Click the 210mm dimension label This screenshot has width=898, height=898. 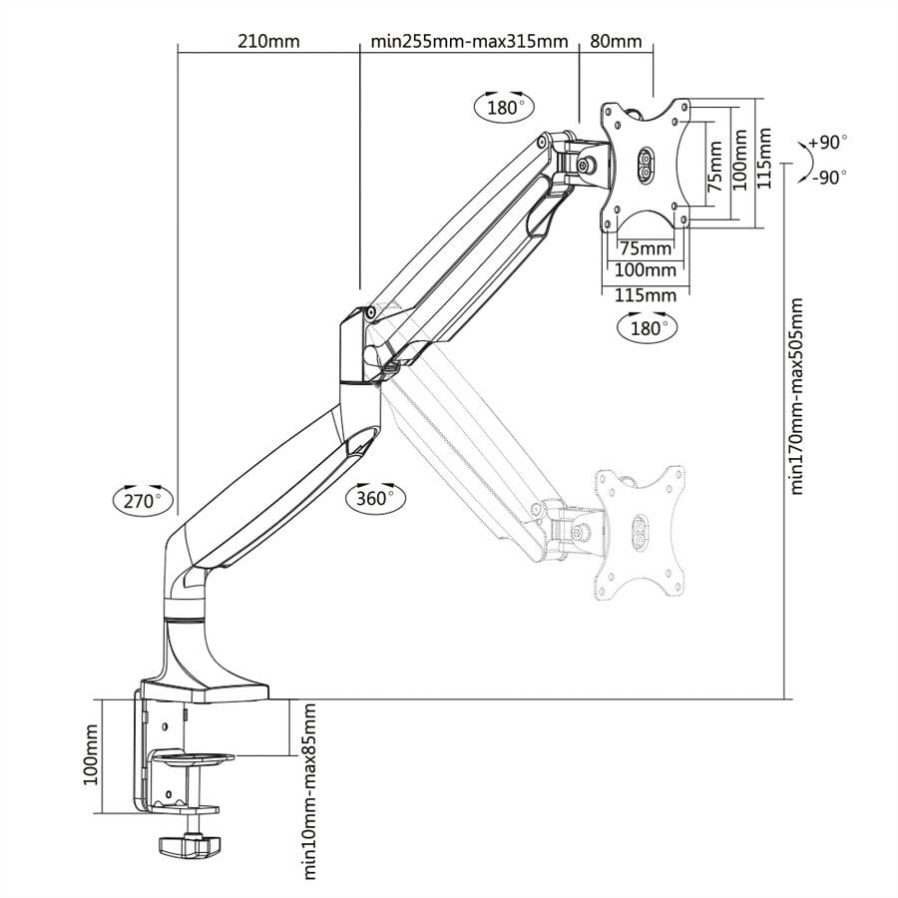click(268, 42)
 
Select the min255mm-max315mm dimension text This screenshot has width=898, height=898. click(469, 42)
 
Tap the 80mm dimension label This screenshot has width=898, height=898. click(616, 42)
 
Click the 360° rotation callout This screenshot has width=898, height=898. click(376, 496)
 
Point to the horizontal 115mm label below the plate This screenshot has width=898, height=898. click(645, 295)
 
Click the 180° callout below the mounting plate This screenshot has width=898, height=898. click(647, 326)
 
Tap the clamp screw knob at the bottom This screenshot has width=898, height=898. click(189, 845)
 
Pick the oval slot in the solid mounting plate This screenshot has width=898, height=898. click(644, 166)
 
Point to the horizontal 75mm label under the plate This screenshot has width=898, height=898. click(645, 247)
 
